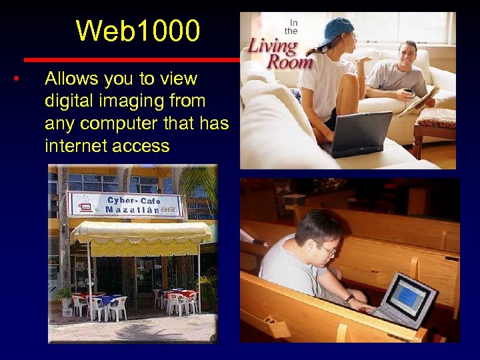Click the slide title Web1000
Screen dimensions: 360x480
[138, 31]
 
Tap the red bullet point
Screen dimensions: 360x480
[15, 80]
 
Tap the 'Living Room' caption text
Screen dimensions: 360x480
[280, 53]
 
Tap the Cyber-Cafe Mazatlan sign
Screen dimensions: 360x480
[125, 204]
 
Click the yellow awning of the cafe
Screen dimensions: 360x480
[140, 233]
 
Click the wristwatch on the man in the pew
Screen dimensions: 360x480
[349, 298]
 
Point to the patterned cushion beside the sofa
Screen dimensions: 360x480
[437, 118]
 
